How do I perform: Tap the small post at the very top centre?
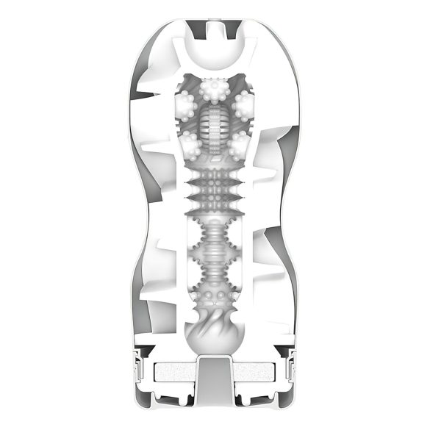tap(215, 28)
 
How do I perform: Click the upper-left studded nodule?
tap(187, 106)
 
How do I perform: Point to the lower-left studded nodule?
tap(190, 144)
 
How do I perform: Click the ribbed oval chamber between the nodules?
tap(214, 126)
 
